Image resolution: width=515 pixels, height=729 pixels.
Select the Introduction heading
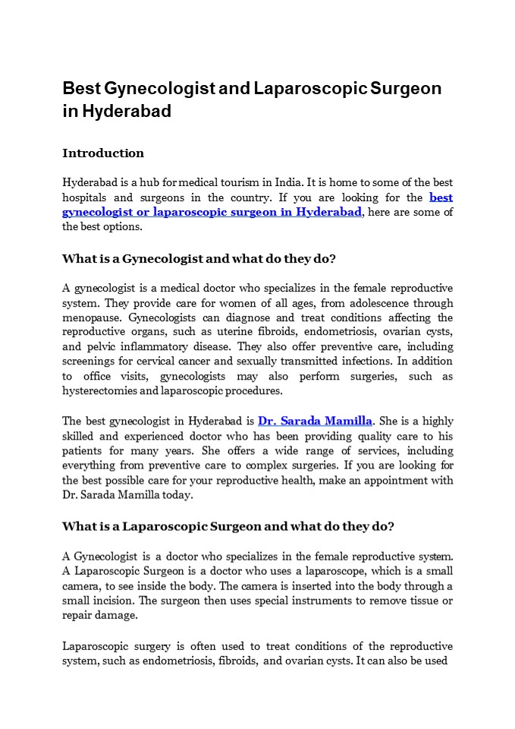tap(102, 153)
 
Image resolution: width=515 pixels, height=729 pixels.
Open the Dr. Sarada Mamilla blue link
tap(316, 421)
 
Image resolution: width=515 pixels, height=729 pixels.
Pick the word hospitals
tap(89, 197)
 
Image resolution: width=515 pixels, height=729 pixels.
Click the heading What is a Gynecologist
tap(199, 258)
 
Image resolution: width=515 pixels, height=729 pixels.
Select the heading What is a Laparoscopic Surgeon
tap(228, 525)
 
